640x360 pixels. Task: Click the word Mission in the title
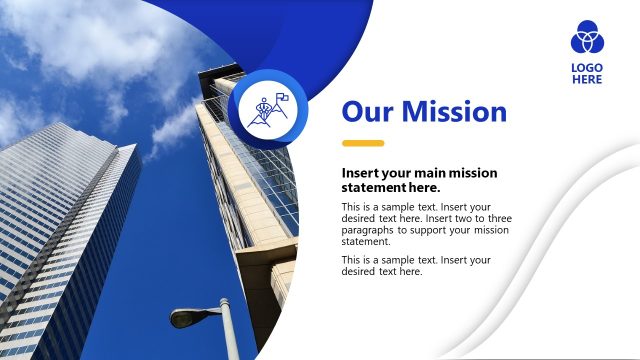click(x=455, y=111)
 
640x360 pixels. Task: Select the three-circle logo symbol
click(x=587, y=37)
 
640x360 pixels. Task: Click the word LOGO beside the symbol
click(x=587, y=68)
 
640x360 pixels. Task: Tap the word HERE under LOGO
click(x=587, y=80)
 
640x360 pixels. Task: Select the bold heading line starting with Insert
click(x=419, y=173)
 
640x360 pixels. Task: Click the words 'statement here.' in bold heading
click(x=391, y=187)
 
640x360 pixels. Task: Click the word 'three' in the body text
click(x=477, y=219)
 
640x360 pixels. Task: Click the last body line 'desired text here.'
click(x=382, y=271)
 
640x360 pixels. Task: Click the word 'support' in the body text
click(x=449, y=230)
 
